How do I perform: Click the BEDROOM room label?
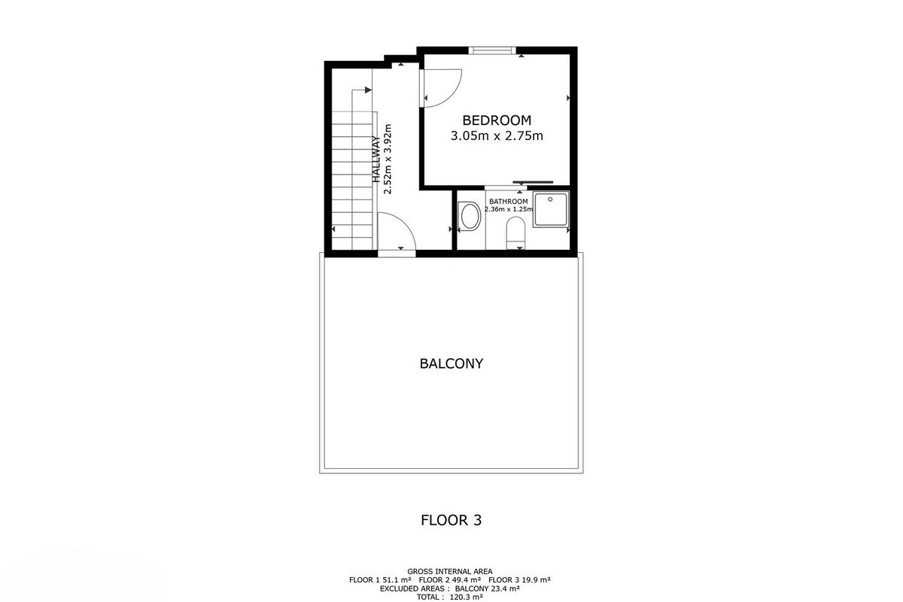(497, 120)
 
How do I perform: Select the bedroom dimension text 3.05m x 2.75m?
(497, 136)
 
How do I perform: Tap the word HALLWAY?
(375, 160)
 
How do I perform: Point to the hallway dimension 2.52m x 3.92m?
(388, 159)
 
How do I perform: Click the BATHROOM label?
(509, 201)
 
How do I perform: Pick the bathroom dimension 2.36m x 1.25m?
(509, 209)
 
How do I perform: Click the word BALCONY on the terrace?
(451, 363)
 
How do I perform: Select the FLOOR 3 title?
(451, 520)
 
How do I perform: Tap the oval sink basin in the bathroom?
(470, 216)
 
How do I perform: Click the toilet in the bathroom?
(515, 233)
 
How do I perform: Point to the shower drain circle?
(550, 199)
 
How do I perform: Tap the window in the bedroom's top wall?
(492, 50)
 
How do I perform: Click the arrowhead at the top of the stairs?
(368, 90)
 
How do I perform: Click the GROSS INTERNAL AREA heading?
(449, 571)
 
